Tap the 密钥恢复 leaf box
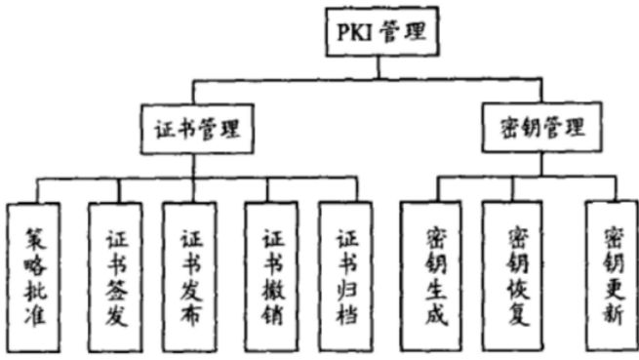coord(514,274)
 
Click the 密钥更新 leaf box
coord(612,274)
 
